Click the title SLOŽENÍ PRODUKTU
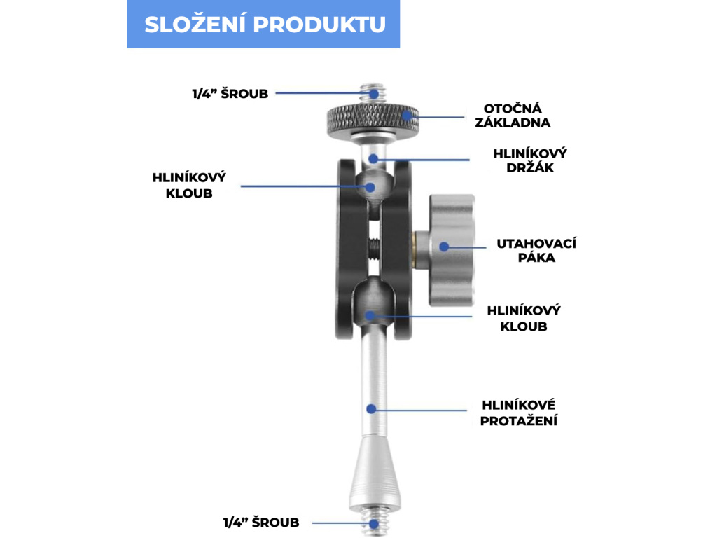(x=264, y=24)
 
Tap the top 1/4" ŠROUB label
(x=230, y=93)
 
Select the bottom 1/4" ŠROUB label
(x=260, y=523)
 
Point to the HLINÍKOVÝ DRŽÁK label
(x=529, y=160)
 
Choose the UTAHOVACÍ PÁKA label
(x=536, y=250)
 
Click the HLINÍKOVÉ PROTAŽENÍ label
(x=518, y=413)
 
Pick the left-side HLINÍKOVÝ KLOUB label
(x=189, y=186)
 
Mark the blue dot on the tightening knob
(x=443, y=247)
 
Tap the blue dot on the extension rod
(x=372, y=408)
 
